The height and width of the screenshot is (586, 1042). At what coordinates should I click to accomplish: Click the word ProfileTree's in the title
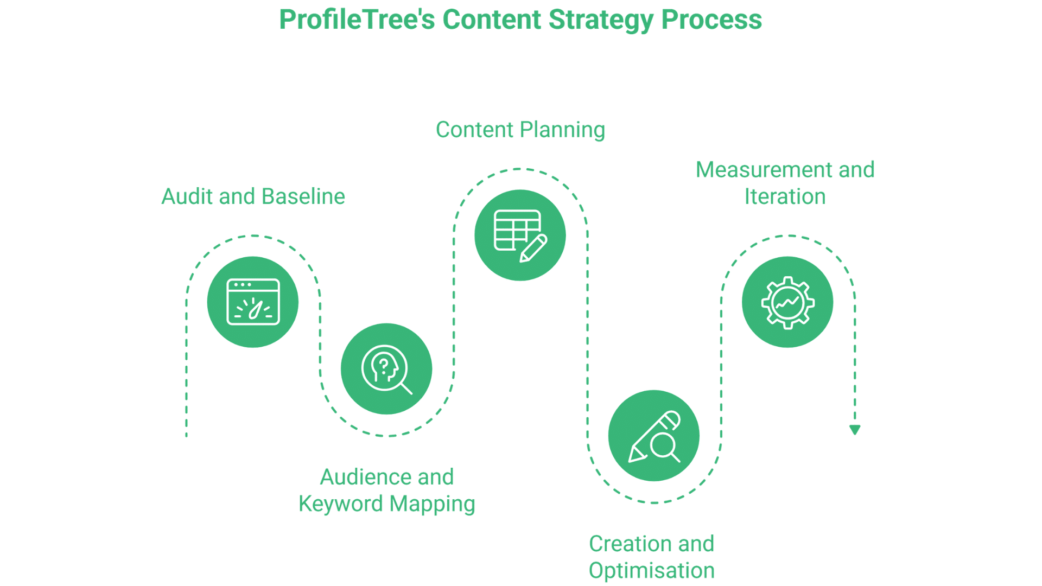(x=357, y=20)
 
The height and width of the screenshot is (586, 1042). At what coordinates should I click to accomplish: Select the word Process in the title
(x=711, y=20)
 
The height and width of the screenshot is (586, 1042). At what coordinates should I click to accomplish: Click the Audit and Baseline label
(x=253, y=196)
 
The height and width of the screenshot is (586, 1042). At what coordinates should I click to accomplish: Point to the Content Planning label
(x=520, y=130)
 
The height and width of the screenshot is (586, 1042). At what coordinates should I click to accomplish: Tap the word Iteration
(x=785, y=196)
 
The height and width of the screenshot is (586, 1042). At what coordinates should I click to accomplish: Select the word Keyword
(x=340, y=504)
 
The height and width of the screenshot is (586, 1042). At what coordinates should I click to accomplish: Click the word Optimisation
(x=651, y=571)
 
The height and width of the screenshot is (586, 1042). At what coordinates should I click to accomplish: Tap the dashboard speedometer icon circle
(x=253, y=302)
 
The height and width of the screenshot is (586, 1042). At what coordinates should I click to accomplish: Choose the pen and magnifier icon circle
(x=654, y=436)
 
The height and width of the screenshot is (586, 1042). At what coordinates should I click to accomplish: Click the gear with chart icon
(x=787, y=302)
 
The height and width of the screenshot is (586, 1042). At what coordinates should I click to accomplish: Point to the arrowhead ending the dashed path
(x=855, y=430)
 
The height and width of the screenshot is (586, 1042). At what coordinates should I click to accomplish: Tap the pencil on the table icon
(x=534, y=249)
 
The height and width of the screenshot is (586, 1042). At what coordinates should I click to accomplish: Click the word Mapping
(x=432, y=504)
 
